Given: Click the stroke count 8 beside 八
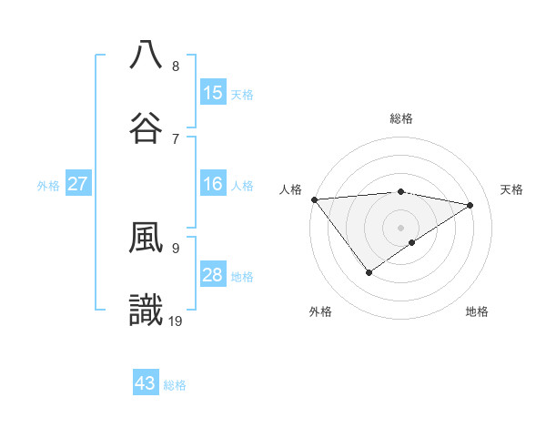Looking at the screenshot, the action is point(176,66).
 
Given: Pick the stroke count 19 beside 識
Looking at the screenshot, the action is point(177,321).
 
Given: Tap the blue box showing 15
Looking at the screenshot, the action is point(213,93).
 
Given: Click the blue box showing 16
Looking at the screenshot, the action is point(213,184).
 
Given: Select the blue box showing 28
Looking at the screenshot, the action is point(213,275).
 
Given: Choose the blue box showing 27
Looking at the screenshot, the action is point(78,184).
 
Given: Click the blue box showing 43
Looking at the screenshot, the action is point(146,383).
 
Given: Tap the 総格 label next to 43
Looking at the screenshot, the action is point(175,385).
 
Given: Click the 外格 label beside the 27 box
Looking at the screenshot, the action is point(48,186).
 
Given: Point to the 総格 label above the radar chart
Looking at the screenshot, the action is point(401,118).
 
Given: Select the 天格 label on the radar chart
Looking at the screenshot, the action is point(512,189).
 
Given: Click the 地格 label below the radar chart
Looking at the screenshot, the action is point(477,311).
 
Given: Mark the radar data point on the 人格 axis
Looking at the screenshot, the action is point(314,199).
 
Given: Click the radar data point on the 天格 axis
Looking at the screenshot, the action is point(470,205).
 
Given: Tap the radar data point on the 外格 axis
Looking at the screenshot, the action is point(369,272).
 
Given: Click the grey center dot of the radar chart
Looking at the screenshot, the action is point(401,227).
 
